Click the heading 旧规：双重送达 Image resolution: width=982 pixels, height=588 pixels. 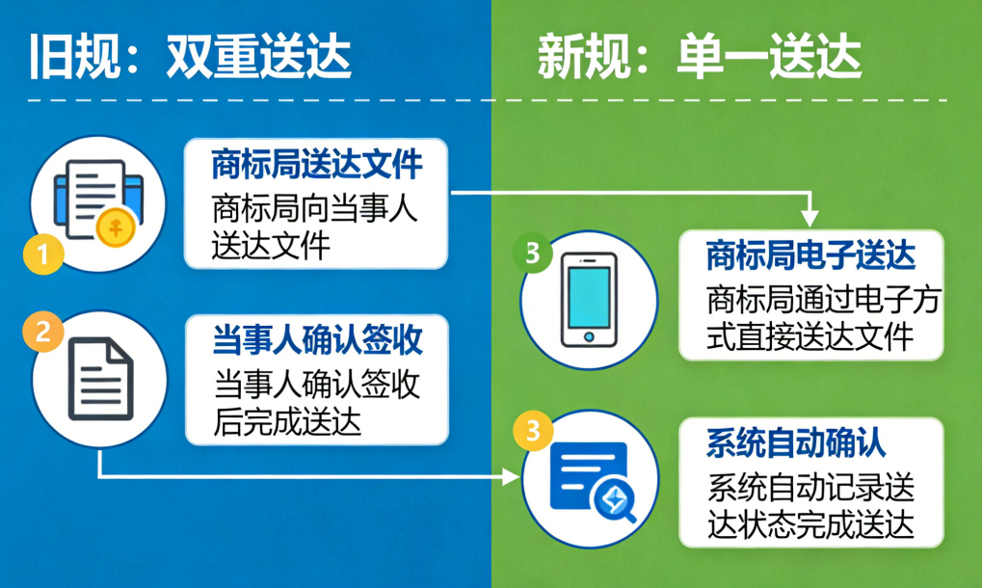click(x=190, y=57)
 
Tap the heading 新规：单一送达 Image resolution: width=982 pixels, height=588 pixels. click(x=700, y=57)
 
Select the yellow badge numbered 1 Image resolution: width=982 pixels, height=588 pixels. click(x=43, y=254)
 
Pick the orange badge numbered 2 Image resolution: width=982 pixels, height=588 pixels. click(x=42, y=332)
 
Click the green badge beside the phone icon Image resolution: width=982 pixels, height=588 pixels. click(x=532, y=253)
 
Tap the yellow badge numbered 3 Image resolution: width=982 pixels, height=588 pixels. click(x=533, y=430)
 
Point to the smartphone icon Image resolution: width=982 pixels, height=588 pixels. click(x=589, y=300)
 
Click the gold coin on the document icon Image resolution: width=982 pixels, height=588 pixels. click(x=116, y=227)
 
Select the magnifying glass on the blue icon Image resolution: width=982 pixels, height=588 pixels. click(x=614, y=501)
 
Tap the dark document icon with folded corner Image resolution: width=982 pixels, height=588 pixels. click(x=101, y=378)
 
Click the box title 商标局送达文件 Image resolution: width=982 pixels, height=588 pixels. click(x=317, y=164)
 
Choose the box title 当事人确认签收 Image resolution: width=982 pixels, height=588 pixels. click(x=317, y=340)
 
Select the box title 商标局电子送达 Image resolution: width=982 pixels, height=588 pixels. click(x=811, y=255)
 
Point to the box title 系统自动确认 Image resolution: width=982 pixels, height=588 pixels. click(x=796, y=443)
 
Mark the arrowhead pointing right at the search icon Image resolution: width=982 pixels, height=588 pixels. click(x=511, y=477)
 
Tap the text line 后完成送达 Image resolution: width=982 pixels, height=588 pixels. click(x=287, y=421)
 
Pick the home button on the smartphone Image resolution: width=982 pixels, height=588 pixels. click(x=589, y=336)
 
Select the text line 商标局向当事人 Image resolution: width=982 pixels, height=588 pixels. click(x=315, y=208)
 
